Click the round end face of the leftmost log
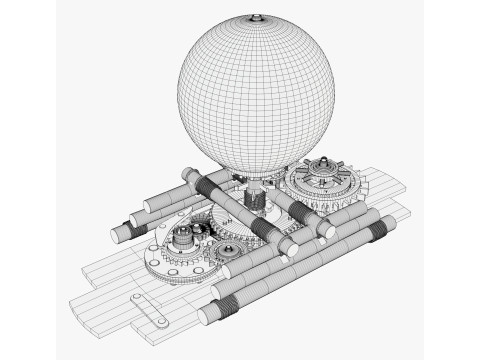(x=118, y=233)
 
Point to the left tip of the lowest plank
(x=70, y=300)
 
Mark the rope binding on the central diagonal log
(x=265, y=231)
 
